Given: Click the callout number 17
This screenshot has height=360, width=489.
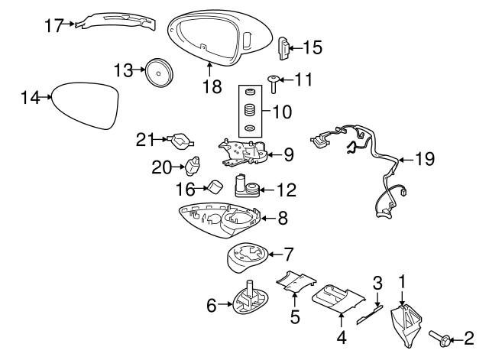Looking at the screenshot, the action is [53, 25].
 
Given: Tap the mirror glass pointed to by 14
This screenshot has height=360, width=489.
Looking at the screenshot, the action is [86, 105].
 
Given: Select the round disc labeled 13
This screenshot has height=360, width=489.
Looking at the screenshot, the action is [159, 73].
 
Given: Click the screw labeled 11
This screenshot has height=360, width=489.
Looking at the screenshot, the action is [274, 84].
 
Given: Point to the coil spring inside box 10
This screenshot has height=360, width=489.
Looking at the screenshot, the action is [250, 109].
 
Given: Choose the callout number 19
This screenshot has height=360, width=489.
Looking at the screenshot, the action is [425, 159].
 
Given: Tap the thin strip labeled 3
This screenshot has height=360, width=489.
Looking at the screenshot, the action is [370, 315].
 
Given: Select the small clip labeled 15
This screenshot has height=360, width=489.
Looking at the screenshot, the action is [283, 48].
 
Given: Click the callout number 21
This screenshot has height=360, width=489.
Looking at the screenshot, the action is [145, 139].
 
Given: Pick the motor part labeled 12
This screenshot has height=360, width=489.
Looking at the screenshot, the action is [247, 186].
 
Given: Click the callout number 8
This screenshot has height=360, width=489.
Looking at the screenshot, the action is [283, 218].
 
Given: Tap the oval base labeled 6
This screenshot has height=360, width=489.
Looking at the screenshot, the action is [251, 297].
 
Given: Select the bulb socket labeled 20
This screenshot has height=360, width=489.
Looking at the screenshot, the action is [193, 165].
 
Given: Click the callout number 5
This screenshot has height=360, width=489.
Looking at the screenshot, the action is [295, 316].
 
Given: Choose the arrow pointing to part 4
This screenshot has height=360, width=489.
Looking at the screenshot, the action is [342, 320].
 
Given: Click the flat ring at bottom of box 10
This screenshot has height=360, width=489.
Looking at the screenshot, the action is [250, 128].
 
